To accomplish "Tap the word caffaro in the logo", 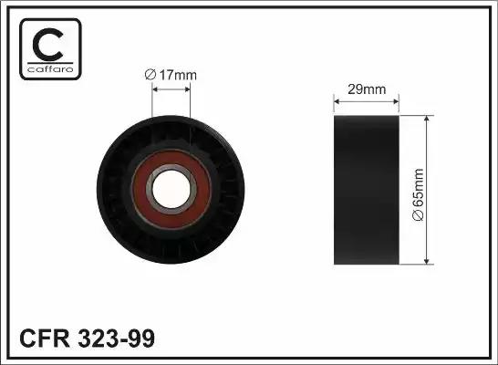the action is (x=50, y=69).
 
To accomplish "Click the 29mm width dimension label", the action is (x=367, y=89).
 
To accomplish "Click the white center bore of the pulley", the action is (x=171, y=189).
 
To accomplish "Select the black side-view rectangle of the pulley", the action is (x=367, y=190).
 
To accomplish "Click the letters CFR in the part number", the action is (x=45, y=339).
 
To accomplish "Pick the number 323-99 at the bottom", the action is (x=116, y=339).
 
